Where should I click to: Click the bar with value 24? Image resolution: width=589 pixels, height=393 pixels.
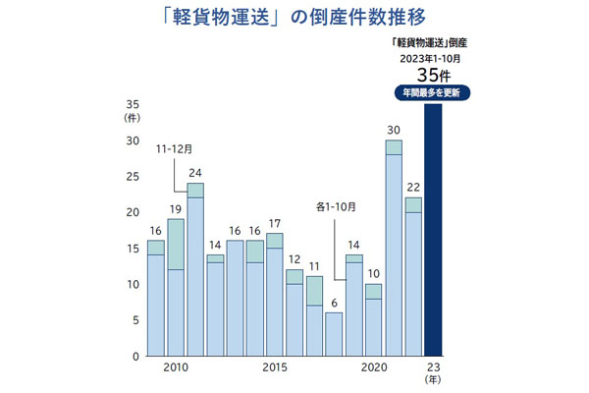(x=195, y=269)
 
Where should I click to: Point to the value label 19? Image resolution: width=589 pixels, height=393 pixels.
(x=176, y=208)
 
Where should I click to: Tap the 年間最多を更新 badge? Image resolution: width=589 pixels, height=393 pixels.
(x=429, y=92)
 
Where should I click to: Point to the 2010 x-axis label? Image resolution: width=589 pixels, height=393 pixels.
(x=176, y=367)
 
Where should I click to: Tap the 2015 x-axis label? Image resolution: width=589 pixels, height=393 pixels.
(x=275, y=367)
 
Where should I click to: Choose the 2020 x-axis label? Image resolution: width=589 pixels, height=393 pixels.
(x=374, y=367)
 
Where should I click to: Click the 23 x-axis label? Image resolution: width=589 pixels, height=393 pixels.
(x=433, y=366)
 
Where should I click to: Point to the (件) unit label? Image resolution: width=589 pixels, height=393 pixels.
(x=133, y=117)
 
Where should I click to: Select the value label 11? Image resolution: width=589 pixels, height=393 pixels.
(x=314, y=266)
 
